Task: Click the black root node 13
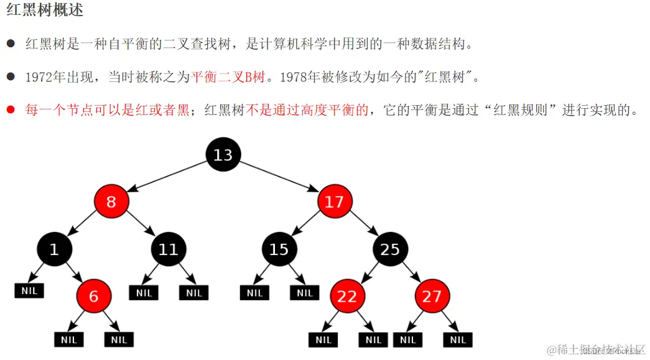[x=223, y=155]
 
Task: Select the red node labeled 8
[x=111, y=201]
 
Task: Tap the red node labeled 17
[x=334, y=201]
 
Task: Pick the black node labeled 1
[x=54, y=249]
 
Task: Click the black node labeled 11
[x=168, y=249]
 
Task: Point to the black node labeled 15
[x=279, y=249]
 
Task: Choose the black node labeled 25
[x=390, y=249]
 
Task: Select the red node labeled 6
[x=93, y=296]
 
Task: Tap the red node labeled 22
[x=347, y=296]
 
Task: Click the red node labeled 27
[x=432, y=296]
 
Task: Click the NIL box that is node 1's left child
[x=29, y=290]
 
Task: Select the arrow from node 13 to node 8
[x=167, y=177]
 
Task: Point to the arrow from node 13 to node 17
[x=279, y=177]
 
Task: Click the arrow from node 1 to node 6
[x=74, y=273]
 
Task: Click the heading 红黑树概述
[x=45, y=11]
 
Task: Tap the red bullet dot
[x=11, y=111]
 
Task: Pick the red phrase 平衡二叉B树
[x=228, y=77]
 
